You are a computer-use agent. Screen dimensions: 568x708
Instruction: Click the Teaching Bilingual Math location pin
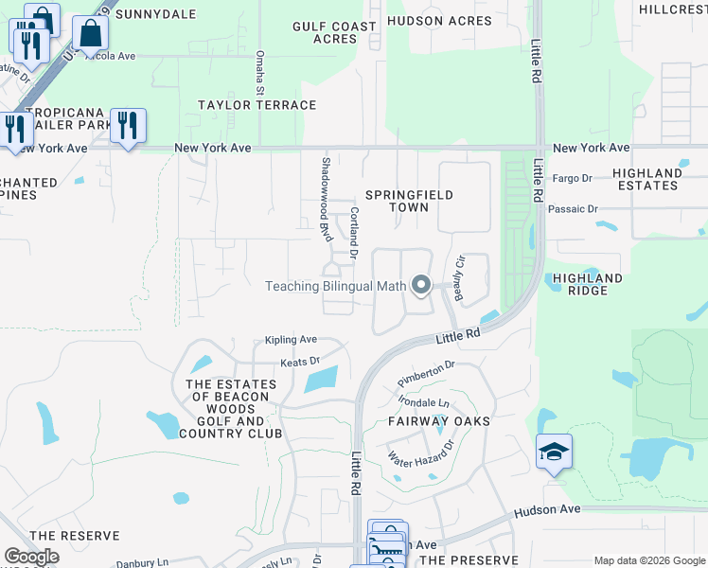[421, 284]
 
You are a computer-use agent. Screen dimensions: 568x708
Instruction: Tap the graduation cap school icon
[554, 452]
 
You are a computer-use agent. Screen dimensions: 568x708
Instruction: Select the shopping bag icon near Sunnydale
[90, 33]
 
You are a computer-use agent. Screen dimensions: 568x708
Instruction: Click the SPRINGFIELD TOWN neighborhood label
[411, 201]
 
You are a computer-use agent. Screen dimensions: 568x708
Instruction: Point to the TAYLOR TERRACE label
[257, 105]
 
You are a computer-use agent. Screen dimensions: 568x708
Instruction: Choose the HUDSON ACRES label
[439, 21]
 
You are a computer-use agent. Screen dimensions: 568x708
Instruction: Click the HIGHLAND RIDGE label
[588, 285]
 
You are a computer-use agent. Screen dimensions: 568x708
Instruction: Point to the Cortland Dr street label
[354, 233]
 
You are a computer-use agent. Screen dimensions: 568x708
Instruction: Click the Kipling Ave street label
[291, 340]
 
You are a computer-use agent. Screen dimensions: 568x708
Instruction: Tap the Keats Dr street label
[300, 362]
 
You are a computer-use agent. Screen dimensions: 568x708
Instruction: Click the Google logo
[31, 557]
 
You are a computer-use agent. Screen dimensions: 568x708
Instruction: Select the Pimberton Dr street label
[426, 364]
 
